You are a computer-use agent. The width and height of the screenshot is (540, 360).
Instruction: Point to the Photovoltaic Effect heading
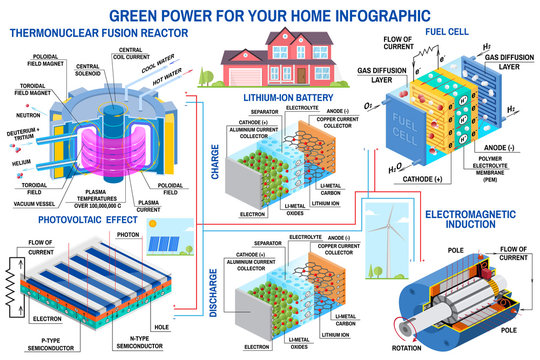tap(81, 219)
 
